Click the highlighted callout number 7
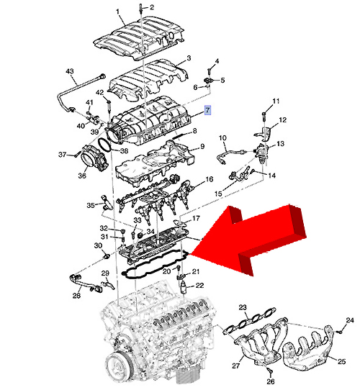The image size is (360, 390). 207,110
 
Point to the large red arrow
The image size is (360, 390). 249,239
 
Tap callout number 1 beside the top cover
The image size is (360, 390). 117,12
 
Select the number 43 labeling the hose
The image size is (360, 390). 69,71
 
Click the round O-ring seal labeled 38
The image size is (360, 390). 104,145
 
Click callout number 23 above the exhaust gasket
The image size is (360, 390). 243,307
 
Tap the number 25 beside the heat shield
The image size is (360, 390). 341,361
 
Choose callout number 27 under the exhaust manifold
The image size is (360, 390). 235,366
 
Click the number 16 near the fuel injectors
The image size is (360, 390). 209,179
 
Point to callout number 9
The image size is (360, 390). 202,146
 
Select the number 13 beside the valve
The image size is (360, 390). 280,143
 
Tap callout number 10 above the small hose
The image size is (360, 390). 222,137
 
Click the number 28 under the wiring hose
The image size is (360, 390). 77,296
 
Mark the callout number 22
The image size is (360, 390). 199,285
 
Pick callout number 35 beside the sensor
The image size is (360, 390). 91,205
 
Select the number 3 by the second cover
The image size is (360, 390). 189,58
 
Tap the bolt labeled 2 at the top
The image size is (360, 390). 141,8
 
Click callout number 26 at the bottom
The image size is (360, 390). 271,381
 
